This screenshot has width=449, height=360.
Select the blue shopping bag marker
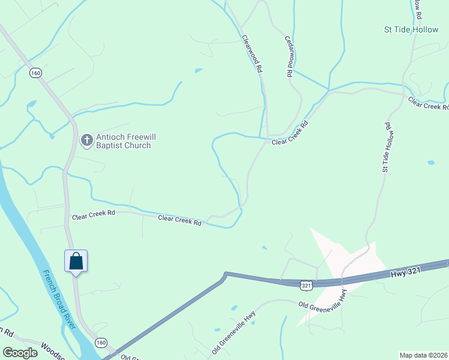point(76,262)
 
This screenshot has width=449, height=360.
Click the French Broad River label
point(59,300)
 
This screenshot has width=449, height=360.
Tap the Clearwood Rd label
point(252,53)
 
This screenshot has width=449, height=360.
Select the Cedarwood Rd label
point(289,55)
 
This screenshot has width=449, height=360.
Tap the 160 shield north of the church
point(36,73)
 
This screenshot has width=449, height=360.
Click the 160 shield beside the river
point(100,343)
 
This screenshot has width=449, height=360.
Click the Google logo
point(20,353)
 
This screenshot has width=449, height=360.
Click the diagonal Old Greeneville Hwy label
point(234,332)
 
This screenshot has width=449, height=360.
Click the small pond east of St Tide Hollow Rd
point(431,163)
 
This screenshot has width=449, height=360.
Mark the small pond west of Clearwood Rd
point(199,71)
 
